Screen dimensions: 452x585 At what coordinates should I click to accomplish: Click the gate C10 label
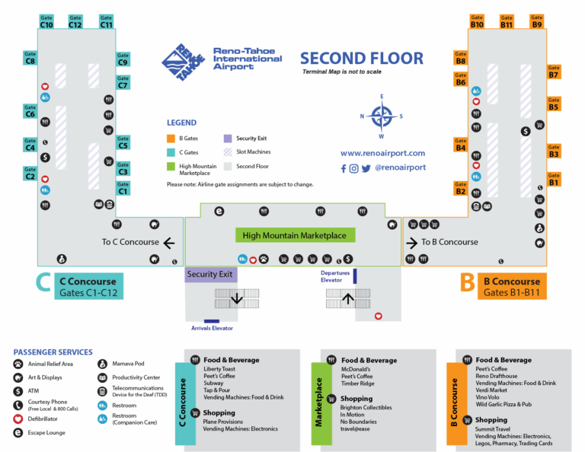click(x=46, y=21)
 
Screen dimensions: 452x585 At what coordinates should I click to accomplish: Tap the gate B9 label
click(x=537, y=21)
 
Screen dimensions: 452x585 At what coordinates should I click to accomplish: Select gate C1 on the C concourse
click(x=123, y=188)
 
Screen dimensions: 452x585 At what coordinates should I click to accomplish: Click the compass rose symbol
click(x=382, y=116)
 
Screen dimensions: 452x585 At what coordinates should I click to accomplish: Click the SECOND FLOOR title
click(x=361, y=58)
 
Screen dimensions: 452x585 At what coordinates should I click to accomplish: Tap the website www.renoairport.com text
click(x=382, y=153)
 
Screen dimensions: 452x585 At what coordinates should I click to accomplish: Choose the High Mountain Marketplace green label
click(x=295, y=236)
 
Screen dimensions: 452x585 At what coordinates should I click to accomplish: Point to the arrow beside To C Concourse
click(x=169, y=243)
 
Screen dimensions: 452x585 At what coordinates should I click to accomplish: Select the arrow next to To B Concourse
click(x=413, y=243)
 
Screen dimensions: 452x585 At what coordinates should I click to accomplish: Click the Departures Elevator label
click(x=335, y=275)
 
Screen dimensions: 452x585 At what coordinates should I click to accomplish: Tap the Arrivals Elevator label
click(x=212, y=329)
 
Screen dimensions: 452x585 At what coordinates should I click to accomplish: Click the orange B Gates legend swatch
click(x=172, y=138)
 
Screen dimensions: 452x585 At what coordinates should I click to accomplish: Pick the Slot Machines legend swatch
click(x=229, y=152)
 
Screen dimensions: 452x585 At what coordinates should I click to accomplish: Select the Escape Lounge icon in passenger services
click(x=18, y=432)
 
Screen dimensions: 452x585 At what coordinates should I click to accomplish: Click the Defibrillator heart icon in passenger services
click(x=18, y=419)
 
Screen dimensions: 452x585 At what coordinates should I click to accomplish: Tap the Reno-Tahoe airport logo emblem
click(x=183, y=62)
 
